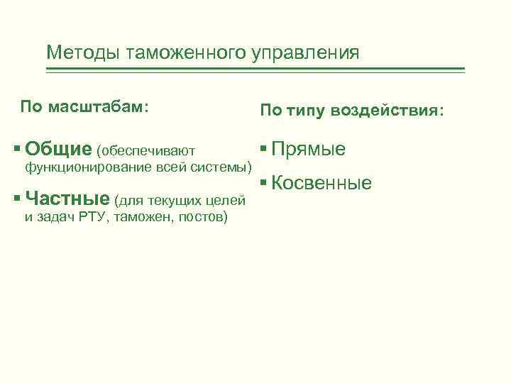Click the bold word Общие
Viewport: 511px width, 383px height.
click(58, 150)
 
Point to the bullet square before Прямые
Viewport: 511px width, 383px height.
click(263, 148)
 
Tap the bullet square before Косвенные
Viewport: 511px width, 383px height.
click(263, 182)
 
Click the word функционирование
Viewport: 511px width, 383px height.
click(88, 168)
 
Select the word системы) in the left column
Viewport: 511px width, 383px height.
click(227, 168)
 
